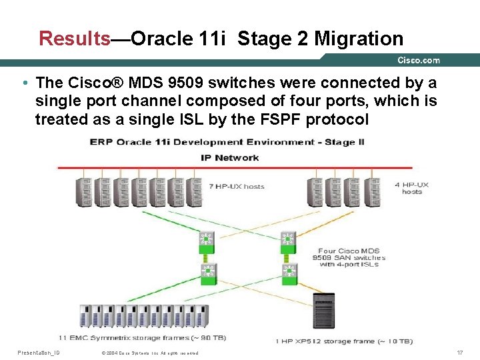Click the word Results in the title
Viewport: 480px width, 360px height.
pyautogui.click(x=75, y=39)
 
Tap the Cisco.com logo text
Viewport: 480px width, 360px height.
pyautogui.click(x=419, y=61)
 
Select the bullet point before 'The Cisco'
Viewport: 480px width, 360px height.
pyautogui.click(x=24, y=83)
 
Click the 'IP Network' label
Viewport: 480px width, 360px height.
pyautogui.click(x=230, y=158)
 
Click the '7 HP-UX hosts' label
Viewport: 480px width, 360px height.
pyautogui.click(x=237, y=187)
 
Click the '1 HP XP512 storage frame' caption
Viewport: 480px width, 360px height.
pyautogui.click(x=344, y=341)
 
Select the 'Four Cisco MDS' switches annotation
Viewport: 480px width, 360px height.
pyautogui.click(x=349, y=257)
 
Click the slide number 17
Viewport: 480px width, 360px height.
pyautogui.click(x=459, y=352)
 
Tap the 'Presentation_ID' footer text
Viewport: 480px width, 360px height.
pyautogui.click(x=39, y=352)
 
